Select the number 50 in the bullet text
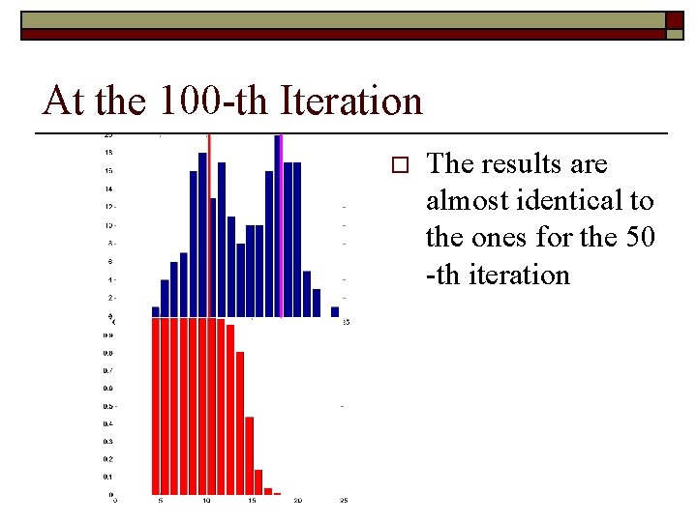[x=639, y=238]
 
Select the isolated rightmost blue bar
[x=335, y=311]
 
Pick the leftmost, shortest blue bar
[x=155, y=311]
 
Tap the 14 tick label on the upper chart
[x=108, y=188]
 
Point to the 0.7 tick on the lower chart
[x=108, y=370]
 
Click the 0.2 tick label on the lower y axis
[x=108, y=459]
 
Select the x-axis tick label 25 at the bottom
[x=344, y=500]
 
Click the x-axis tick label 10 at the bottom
[x=206, y=500]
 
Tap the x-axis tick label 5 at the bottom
[x=161, y=500]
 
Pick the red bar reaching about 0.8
[x=240, y=423]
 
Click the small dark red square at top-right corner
[x=674, y=20]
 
